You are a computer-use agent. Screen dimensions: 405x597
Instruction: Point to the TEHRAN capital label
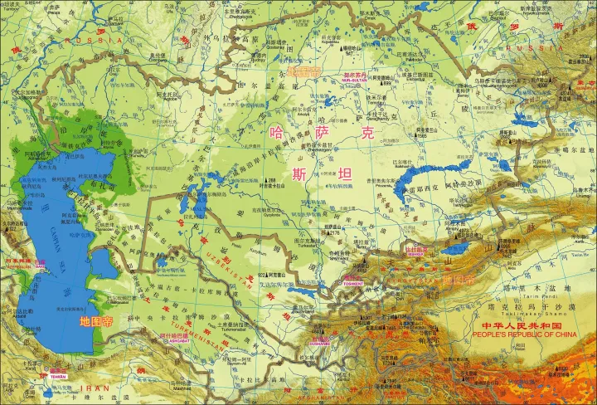click(57, 375)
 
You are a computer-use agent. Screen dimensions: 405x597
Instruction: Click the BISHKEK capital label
click(414, 250)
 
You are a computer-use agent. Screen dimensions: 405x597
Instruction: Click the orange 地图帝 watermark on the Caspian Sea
click(96, 320)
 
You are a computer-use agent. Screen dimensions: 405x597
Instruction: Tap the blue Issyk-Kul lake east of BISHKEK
click(455, 248)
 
